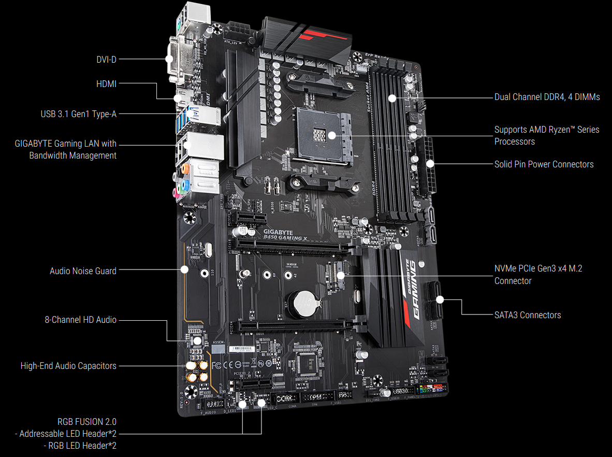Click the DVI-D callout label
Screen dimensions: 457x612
pos(106,59)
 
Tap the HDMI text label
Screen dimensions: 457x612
pos(106,83)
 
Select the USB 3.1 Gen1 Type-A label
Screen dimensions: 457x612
pos(79,113)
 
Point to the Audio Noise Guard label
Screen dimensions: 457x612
pos(83,270)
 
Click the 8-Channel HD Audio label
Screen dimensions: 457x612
pos(80,320)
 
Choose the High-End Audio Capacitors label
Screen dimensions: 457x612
pos(68,366)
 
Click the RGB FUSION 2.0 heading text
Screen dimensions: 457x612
pos(87,421)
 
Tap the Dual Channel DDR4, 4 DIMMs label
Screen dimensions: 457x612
pos(547,97)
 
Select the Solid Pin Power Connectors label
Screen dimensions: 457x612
pos(544,164)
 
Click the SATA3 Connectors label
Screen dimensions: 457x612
pos(528,315)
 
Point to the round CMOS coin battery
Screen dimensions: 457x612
pos(302,304)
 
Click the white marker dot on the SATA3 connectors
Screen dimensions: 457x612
pos(440,299)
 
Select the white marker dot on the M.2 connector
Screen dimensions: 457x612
pos(341,275)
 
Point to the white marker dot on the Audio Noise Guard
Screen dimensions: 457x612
pos(184,269)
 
